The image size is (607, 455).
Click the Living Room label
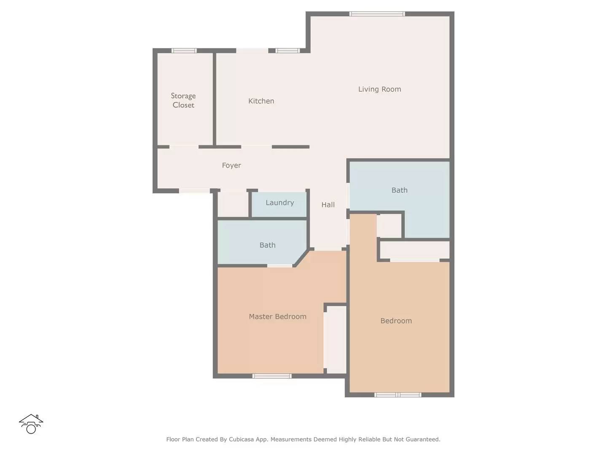tap(379, 89)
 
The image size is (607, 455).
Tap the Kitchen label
tap(261, 101)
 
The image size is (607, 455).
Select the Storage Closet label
tap(183, 101)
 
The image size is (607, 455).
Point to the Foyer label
tap(231, 166)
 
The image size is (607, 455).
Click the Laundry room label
tap(279, 203)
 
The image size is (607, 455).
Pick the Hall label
tap(328, 205)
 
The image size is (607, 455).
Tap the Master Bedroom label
tap(278, 316)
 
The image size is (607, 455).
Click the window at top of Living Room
tap(377, 14)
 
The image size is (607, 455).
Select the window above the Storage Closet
tap(184, 51)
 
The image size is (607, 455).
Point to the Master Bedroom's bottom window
tap(271, 376)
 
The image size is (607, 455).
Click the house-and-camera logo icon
tap(31, 424)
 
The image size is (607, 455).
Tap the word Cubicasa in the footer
tap(241, 439)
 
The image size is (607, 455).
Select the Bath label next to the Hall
tap(399, 190)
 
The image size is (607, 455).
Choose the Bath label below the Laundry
tap(267, 245)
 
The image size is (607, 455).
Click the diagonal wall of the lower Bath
tap(301, 258)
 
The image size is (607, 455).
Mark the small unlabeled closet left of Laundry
tap(233, 204)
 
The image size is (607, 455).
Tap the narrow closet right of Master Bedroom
tap(335, 340)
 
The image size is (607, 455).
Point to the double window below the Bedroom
tap(398, 395)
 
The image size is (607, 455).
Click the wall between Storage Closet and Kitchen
tap(215, 99)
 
